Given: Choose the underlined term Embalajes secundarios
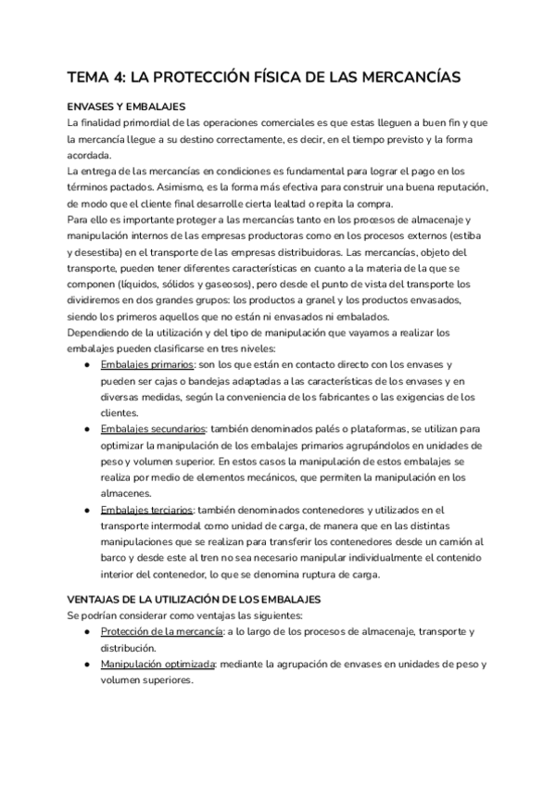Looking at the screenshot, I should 153,430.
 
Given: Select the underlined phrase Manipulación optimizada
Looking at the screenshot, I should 158,665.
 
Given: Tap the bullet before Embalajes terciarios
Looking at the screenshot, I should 86,510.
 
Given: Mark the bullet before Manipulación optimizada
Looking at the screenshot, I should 86,665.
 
